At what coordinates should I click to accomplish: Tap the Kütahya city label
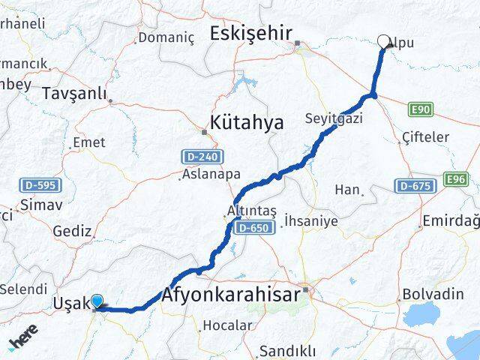click(247, 122)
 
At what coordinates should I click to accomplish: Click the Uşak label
click(71, 303)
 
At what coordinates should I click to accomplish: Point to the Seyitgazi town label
click(333, 118)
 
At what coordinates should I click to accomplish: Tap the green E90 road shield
click(421, 110)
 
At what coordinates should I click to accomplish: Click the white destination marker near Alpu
click(385, 42)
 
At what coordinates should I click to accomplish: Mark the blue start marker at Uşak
click(97, 301)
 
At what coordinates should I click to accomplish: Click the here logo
click(22, 343)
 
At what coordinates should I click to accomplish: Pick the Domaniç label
click(166, 37)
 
